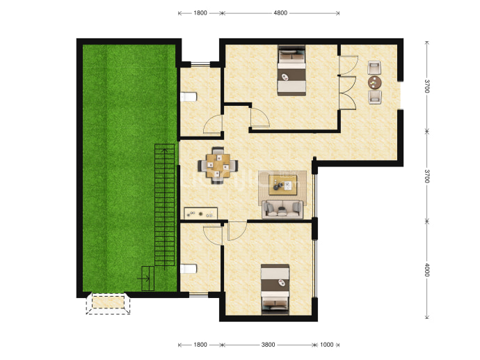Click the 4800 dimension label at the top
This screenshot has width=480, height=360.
click(x=280, y=13)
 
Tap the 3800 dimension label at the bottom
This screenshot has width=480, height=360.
click(x=268, y=345)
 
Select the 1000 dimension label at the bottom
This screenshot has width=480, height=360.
click(x=327, y=345)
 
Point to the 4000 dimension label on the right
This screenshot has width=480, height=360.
click(x=427, y=269)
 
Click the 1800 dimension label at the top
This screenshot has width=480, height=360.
click(x=200, y=13)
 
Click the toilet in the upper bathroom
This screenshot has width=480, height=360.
click(x=189, y=97)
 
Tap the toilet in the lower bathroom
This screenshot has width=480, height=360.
click(x=189, y=269)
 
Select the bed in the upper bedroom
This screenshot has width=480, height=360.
click(x=291, y=71)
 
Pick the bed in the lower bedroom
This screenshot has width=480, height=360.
click(x=275, y=290)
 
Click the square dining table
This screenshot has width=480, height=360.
click(x=218, y=166)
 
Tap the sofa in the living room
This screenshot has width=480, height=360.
click(x=282, y=210)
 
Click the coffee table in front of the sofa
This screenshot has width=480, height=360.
click(x=282, y=185)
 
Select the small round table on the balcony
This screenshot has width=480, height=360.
click(x=375, y=82)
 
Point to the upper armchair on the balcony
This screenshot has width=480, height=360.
click(x=375, y=68)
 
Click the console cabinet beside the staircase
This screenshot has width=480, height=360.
click(x=201, y=214)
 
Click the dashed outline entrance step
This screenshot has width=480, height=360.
click(x=108, y=304)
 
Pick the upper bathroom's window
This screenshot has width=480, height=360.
click(x=200, y=64)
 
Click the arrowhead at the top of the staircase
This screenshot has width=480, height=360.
click(x=165, y=150)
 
